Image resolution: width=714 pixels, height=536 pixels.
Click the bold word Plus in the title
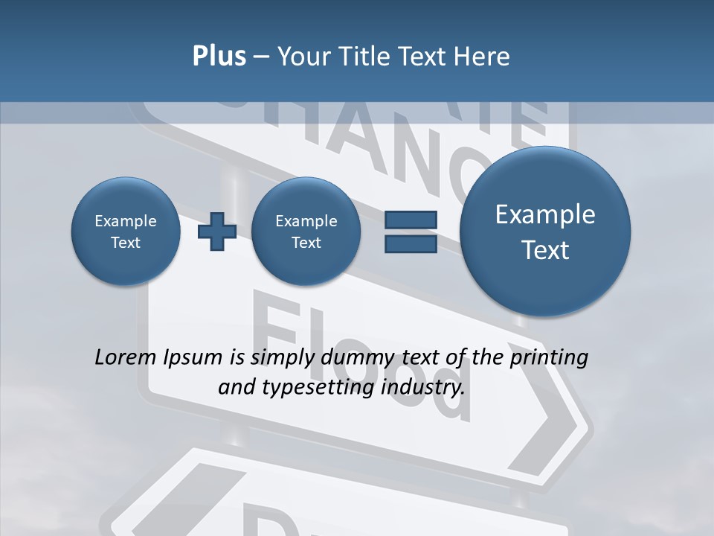219,57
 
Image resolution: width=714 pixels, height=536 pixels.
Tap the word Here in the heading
483,57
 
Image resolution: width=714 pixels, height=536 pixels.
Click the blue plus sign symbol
217,232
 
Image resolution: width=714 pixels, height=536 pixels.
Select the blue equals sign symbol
411,232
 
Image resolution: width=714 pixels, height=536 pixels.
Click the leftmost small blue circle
126,232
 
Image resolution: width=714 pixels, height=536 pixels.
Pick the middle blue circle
306,232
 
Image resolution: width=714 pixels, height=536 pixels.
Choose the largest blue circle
545,232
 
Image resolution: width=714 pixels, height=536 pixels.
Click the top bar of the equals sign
411,220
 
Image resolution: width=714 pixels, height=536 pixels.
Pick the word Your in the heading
302,57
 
